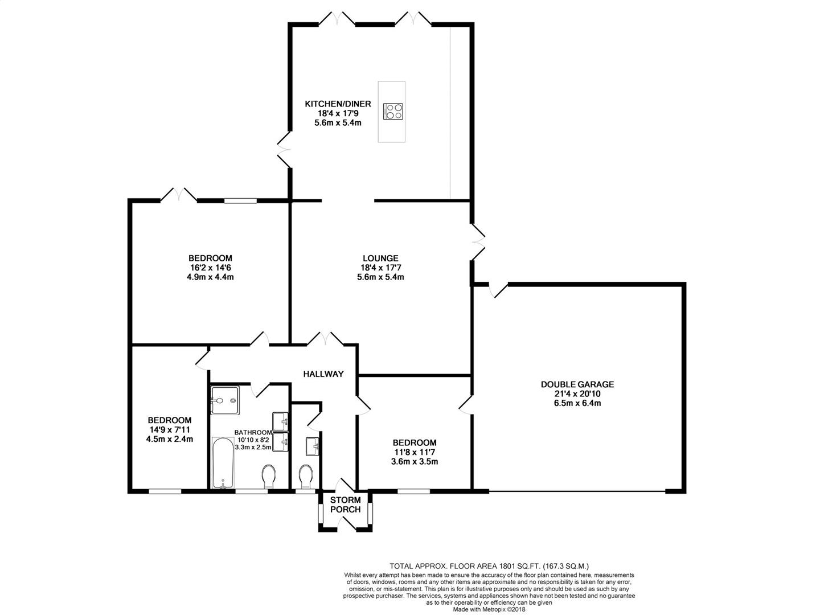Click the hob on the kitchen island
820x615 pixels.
tap(392, 111)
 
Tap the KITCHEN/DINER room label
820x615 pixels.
tap(338, 104)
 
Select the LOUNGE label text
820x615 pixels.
tap(380, 258)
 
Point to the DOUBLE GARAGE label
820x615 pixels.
tap(577, 384)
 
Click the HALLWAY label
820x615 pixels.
tap(323, 374)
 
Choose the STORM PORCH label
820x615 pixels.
tap(345, 505)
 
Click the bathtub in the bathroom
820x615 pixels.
tap(223, 462)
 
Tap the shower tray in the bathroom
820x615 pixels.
tap(224, 401)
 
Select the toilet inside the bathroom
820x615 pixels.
tap(268, 477)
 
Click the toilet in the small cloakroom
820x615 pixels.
tap(306, 477)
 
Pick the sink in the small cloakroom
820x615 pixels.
tap(313, 446)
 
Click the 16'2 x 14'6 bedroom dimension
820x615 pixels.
tap(210, 268)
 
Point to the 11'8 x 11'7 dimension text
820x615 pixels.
tap(415, 452)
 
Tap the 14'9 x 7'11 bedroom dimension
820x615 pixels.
tap(169, 430)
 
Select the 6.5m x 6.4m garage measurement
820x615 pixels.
tap(577, 403)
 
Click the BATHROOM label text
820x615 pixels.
tap(253, 432)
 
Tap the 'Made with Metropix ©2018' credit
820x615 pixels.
tap(489, 609)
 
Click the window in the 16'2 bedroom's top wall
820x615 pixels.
tap(240, 200)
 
